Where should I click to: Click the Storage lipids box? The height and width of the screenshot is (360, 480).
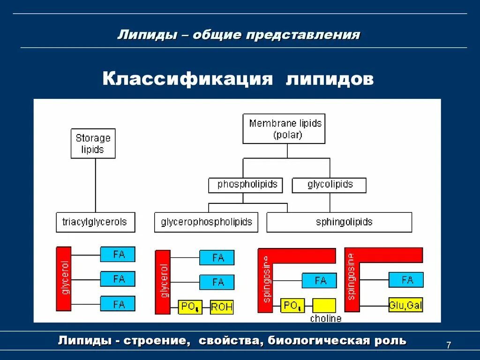click(x=93, y=144)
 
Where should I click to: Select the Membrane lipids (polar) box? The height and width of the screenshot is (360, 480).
click(x=284, y=128)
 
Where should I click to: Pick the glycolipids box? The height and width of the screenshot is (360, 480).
click(x=329, y=185)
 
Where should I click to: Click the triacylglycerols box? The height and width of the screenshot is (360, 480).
click(x=95, y=222)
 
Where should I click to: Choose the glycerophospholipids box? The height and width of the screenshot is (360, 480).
click(x=206, y=222)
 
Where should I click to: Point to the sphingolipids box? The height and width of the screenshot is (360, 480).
click(x=339, y=222)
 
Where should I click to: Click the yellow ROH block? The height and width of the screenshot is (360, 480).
click(x=222, y=307)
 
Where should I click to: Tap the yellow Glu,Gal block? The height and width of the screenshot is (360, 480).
click(x=406, y=305)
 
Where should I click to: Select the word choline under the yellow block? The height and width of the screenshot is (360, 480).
click(x=326, y=319)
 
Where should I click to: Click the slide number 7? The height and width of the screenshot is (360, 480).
click(x=449, y=345)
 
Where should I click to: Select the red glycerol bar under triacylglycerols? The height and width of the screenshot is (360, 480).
click(x=63, y=278)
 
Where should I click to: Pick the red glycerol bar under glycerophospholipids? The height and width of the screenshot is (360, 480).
click(x=163, y=282)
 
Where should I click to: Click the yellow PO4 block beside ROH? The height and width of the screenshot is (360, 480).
click(x=190, y=307)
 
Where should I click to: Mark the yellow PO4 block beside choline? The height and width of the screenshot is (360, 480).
click(x=292, y=306)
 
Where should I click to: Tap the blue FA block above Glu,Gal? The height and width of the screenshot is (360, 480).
click(x=406, y=280)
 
